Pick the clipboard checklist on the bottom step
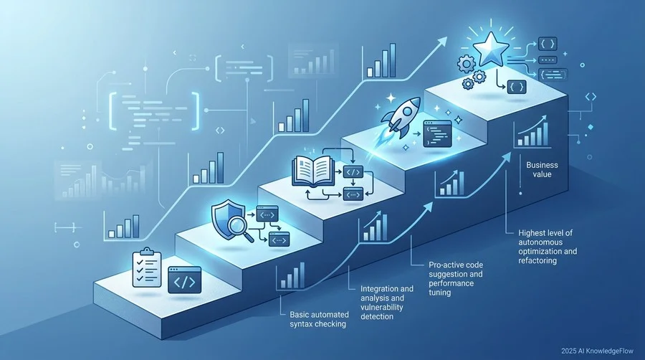click(x=146, y=267)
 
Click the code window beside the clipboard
click(x=185, y=280)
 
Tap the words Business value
click(x=543, y=169)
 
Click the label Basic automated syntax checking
click(x=319, y=319)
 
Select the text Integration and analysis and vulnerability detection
click(x=387, y=303)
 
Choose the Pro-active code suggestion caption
click(x=456, y=278)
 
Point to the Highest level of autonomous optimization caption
click(x=548, y=247)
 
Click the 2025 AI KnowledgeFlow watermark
click(x=597, y=351)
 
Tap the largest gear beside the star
click(x=467, y=63)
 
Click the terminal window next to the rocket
click(x=438, y=133)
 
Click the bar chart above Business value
click(x=532, y=132)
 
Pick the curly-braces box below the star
click(x=517, y=87)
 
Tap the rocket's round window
click(x=408, y=110)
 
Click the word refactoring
click(x=537, y=260)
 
